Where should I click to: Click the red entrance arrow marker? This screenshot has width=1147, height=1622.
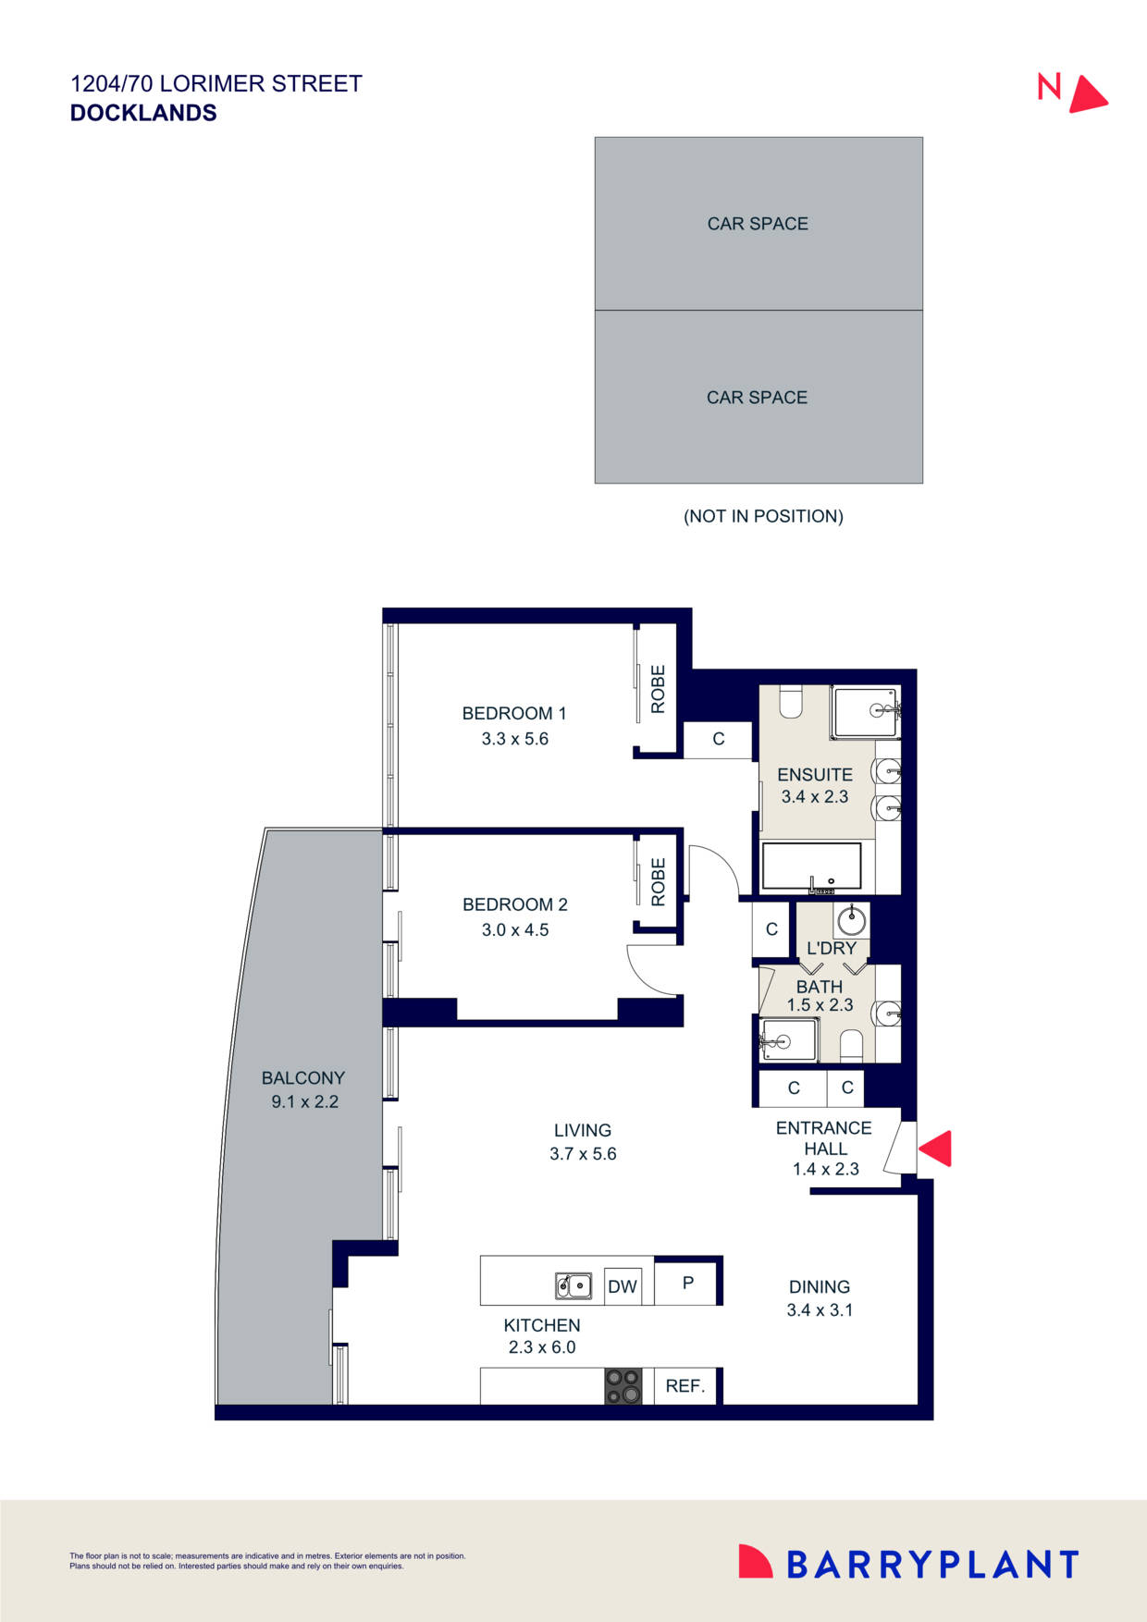tap(936, 1149)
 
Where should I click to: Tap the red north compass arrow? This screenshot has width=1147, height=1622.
tap(1088, 94)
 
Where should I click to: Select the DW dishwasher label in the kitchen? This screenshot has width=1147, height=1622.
tap(623, 1286)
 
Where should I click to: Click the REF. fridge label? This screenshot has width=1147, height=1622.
tap(685, 1386)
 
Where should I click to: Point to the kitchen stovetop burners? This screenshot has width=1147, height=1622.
tap(623, 1386)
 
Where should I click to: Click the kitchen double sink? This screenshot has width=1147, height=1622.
tap(573, 1285)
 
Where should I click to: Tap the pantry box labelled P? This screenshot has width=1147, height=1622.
tap(687, 1283)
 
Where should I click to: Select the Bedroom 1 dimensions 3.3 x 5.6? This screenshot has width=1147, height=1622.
tap(515, 739)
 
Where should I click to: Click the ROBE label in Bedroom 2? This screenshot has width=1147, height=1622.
tap(659, 882)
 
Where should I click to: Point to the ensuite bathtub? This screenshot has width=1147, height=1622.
tap(812, 866)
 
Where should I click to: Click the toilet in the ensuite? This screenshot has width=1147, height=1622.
tap(791, 702)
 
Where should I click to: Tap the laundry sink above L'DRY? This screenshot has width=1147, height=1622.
tap(851, 920)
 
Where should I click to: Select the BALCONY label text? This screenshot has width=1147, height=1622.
tap(303, 1078)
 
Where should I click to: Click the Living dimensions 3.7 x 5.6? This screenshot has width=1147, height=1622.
tap(583, 1154)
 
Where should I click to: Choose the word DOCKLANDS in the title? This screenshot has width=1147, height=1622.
tap(143, 113)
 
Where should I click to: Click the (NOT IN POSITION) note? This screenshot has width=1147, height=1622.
tap(763, 516)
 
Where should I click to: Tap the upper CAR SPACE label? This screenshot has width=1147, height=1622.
tap(758, 224)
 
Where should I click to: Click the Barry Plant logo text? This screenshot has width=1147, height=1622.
tap(932, 1565)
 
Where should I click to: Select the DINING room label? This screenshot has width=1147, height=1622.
tap(820, 1286)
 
